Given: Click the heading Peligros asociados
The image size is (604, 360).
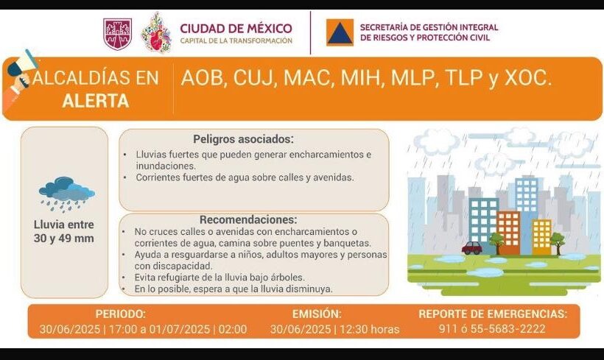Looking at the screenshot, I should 243,138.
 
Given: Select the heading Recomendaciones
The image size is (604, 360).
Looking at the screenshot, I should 248,219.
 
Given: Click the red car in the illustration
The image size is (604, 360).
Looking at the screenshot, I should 471,249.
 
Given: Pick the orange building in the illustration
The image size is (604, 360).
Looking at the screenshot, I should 508,232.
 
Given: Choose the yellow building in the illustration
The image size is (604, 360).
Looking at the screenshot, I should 541,236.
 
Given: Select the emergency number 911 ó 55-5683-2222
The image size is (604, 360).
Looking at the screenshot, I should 493,328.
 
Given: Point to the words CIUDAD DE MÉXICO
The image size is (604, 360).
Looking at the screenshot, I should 236,28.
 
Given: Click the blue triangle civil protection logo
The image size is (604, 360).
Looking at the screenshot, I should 340,33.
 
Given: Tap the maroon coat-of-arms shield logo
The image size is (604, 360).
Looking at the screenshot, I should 118,34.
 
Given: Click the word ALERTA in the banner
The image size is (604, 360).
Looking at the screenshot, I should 95,102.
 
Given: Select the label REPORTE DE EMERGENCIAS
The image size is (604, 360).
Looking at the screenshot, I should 493,314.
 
